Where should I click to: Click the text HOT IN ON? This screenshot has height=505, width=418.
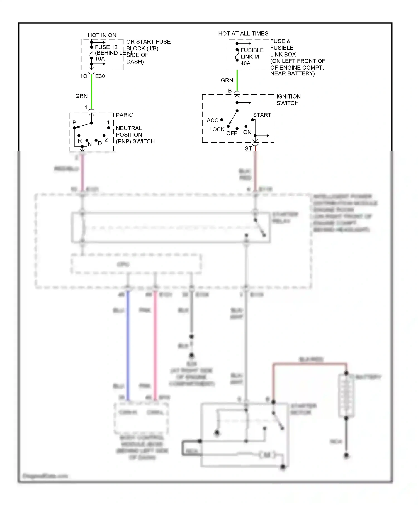102,35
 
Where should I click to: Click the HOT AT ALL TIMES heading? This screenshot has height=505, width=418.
243,34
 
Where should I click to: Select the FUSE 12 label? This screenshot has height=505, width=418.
106,47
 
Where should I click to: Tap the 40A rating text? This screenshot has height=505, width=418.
245,63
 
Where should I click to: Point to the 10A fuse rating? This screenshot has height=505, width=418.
100,59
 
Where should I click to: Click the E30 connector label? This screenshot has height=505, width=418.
100,76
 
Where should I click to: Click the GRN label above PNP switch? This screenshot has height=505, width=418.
81,96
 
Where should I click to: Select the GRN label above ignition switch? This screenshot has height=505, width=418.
227,80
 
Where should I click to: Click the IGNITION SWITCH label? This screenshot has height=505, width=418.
288,100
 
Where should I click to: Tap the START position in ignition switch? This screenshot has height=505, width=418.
262,115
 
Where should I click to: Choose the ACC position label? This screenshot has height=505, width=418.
212,121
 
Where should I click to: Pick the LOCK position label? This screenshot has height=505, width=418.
217,129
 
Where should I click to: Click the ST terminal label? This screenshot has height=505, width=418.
248,149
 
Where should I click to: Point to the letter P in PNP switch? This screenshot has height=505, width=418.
74,122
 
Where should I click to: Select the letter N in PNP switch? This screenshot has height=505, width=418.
90,144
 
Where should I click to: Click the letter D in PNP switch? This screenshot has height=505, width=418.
100,144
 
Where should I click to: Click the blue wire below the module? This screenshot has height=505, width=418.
128,345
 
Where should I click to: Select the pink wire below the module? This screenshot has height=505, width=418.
155,345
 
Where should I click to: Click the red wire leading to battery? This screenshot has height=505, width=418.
309,364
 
